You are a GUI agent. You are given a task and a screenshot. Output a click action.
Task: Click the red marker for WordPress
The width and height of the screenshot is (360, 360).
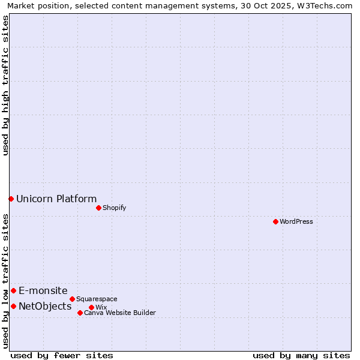(275, 221)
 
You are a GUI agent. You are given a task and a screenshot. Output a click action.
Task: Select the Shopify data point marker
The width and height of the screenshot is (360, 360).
(98, 208)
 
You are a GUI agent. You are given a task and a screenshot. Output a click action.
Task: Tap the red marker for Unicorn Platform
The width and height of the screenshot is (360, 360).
(11, 199)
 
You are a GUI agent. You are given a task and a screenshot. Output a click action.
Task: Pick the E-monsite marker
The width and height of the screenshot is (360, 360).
(13, 290)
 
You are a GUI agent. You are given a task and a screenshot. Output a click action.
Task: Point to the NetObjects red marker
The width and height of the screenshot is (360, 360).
(13, 306)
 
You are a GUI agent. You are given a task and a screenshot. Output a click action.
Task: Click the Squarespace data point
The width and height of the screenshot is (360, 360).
(72, 299)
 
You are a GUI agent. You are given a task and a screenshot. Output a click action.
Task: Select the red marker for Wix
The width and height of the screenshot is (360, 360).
(91, 307)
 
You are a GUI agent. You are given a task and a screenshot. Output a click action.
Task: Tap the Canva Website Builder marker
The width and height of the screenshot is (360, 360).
(80, 313)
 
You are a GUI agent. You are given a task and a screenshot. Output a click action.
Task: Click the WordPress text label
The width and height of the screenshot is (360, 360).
(296, 221)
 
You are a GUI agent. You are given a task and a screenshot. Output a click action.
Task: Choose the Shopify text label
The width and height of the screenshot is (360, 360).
(114, 208)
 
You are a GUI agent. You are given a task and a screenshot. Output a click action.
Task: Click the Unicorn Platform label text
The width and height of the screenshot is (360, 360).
(56, 199)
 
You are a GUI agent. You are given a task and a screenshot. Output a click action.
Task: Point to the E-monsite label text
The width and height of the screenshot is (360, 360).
(43, 291)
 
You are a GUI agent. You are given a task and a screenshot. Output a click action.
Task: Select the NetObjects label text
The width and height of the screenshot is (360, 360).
(45, 307)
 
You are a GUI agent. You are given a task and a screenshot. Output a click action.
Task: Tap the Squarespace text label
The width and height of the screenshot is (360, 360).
(97, 299)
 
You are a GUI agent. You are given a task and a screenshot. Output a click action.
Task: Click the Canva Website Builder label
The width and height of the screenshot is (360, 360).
(120, 313)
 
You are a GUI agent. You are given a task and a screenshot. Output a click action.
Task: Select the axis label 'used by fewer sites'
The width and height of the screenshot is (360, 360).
(62, 355)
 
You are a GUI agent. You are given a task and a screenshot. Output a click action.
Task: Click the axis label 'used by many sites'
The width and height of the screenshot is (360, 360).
(301, 355)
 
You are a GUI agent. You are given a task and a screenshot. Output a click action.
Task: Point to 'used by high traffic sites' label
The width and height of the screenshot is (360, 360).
(5, 85)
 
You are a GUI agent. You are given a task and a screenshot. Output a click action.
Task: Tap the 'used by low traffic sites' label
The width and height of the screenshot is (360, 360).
(5, 281)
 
